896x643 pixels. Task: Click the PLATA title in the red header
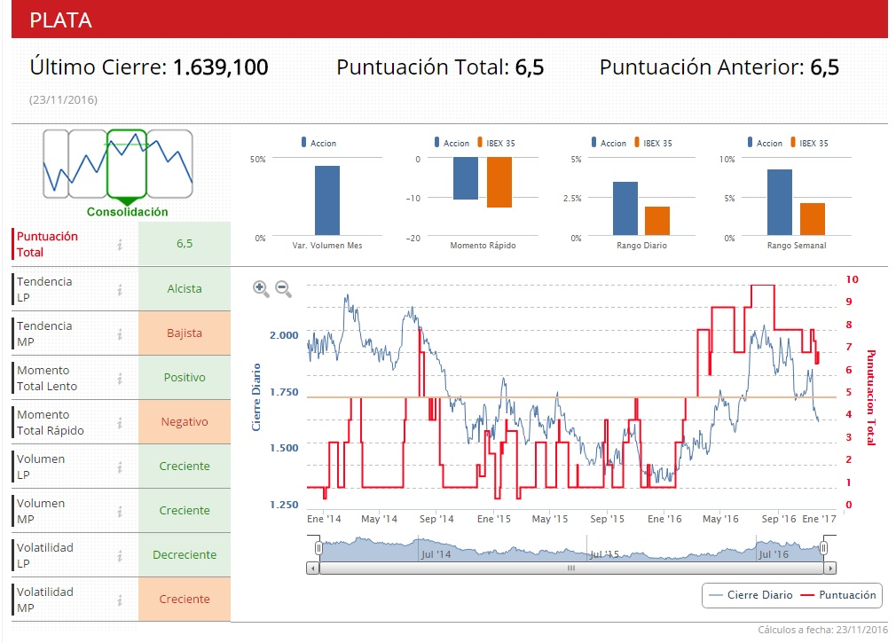[x=60, y=20]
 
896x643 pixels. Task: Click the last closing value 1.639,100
[x=220, y=67]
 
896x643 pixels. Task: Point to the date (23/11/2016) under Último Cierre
[x=63, y=99]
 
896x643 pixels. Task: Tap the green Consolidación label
[x=127, y=212]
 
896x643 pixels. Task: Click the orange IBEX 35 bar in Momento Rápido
[x=499, y=182]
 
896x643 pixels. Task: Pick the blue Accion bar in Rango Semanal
[x=780, y=202]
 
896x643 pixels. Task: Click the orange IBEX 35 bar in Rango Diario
[x=657, y=220]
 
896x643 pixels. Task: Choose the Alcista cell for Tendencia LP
[x=185, y=288]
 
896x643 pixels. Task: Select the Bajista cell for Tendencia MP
[x=185, y=333]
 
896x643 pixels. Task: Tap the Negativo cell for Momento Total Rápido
[x=185, y=422]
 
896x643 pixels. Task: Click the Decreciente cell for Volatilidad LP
[x=185, y=555]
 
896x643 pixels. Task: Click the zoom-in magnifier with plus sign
[x=261, y=288]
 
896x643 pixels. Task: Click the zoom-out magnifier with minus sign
[x=284, y=288]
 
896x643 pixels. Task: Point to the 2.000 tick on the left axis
[x=285, y=335]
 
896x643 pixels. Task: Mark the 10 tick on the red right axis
[x=852, y=278]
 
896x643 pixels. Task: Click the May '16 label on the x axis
[x=719, y=519]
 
